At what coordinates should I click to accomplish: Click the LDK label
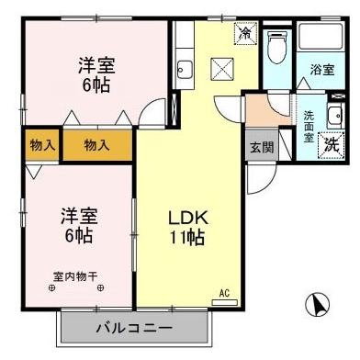pos(189,219)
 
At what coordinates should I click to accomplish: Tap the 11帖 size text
pos(189,239)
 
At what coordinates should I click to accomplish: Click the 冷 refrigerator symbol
pos(245,32)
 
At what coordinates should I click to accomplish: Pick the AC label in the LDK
pos(223,294)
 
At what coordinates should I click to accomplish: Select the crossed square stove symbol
pos(221,68)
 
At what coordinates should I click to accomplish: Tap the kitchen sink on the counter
pos(183,69)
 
